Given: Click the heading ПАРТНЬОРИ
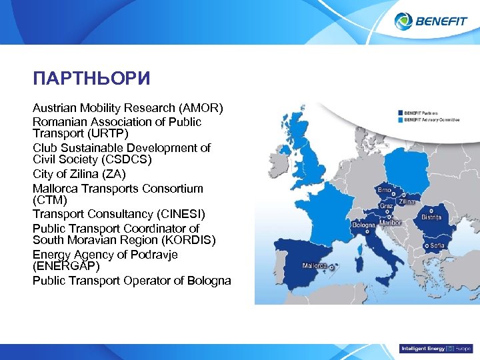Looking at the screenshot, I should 91,79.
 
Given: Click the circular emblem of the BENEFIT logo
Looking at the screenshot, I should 403,21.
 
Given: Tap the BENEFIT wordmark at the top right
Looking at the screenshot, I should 441,21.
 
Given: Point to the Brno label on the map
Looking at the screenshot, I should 385,190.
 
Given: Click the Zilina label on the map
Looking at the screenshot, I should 406,201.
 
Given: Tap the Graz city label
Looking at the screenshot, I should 386,206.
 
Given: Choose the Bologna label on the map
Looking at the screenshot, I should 364,225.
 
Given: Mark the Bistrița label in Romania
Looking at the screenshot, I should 431,217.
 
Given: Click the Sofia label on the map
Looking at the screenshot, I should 437,245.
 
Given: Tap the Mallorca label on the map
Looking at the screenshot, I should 314,265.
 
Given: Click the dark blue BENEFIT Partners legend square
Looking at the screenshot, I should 400,113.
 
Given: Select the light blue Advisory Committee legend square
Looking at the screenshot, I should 400,120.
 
